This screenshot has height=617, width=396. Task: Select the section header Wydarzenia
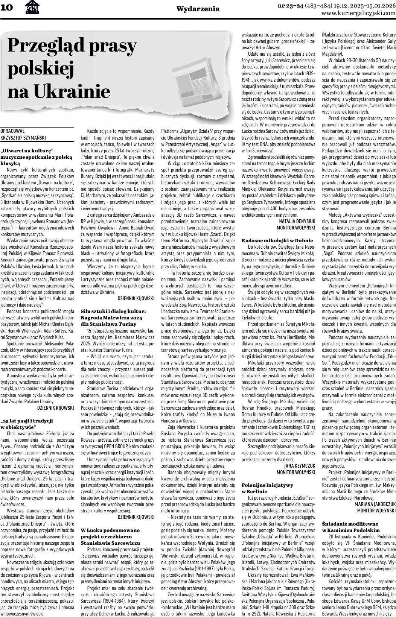[x=198, y=8]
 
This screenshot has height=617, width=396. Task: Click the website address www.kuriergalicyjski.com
[x=358, y=13]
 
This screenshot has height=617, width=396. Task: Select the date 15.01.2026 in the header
[x=376, y=5]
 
